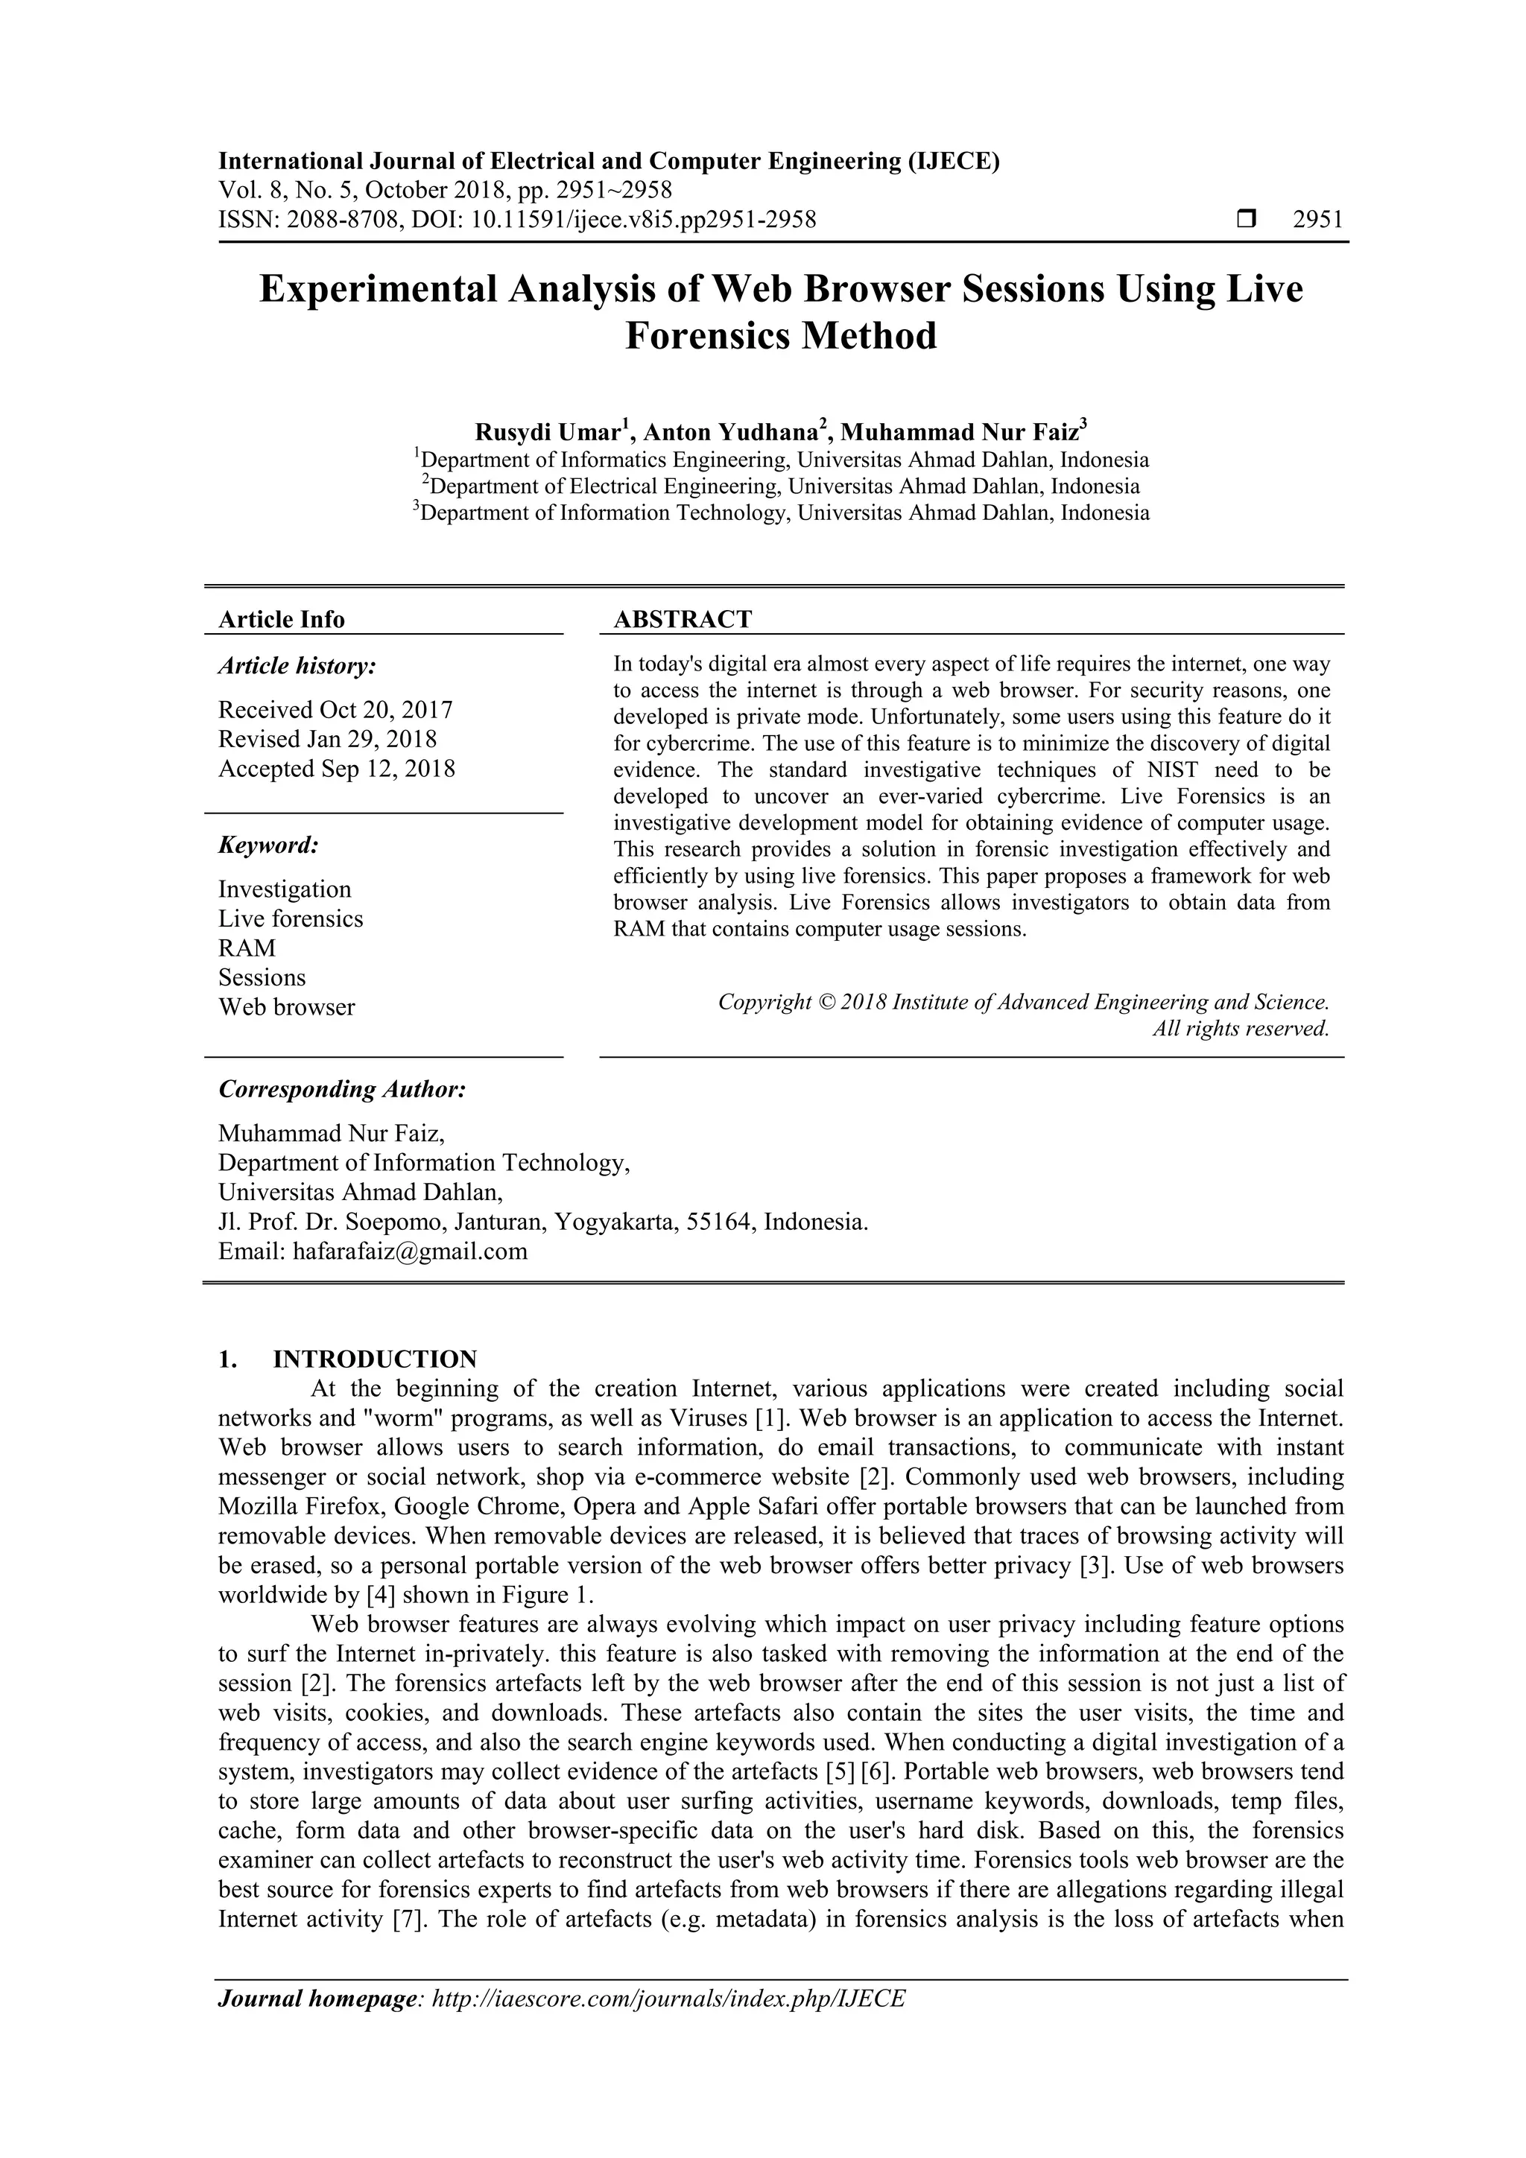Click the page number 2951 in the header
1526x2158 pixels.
1317,220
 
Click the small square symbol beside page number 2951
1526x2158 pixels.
1247,220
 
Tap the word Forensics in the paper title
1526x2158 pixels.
708,335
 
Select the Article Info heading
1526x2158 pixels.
281,619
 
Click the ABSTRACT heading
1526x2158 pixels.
683,619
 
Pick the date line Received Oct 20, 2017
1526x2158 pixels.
335,710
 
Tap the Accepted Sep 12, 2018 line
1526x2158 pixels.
337,769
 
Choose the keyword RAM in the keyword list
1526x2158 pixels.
247,948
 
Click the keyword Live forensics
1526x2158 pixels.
291,918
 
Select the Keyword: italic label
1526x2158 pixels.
269,845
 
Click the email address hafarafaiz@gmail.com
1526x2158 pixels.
410,1251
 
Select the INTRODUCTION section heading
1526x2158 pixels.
374,1359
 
